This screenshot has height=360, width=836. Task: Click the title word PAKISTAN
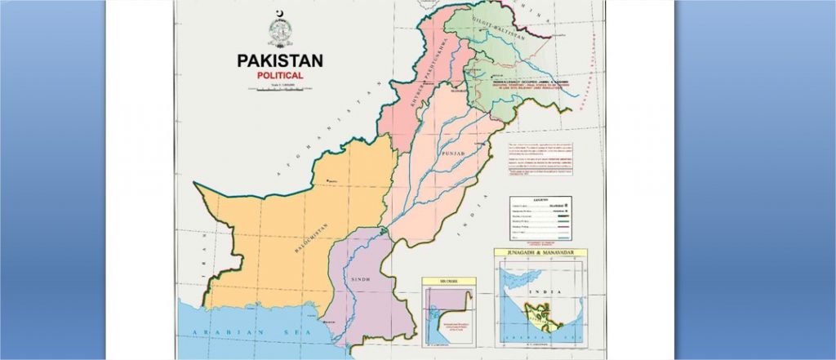point(280,61)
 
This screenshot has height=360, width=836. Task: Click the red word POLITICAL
point(280,75)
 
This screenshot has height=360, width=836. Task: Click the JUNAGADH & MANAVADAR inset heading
point(540,253)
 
